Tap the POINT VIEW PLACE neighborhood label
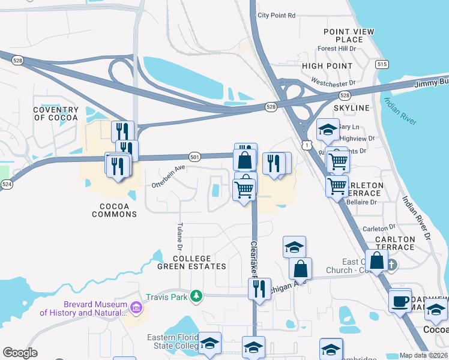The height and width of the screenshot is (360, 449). click(349, 35)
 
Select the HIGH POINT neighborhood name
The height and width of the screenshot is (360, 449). click(327, 65)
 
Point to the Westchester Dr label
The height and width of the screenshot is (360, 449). click(333, 80)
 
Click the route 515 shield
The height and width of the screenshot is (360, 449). click(381, 64)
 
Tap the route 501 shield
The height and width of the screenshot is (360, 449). click(194, 155)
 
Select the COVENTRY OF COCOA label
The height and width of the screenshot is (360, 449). click(56, 113)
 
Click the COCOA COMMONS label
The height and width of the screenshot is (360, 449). click(110, 210)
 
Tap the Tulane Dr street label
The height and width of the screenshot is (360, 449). click(179, 236)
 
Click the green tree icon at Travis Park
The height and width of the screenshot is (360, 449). click(195, 296)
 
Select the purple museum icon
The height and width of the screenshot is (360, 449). click(137, 308)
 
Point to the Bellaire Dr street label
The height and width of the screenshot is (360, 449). click(361, 202)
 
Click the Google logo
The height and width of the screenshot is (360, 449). click(20, 353)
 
